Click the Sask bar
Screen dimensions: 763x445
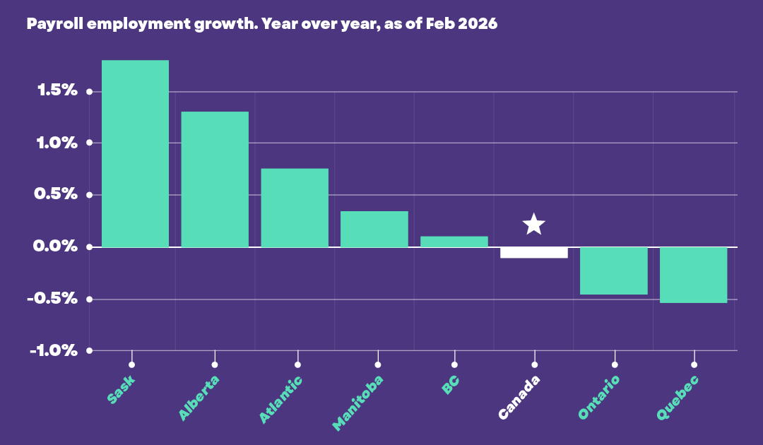[x=135, y=154]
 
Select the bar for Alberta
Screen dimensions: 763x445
[x=215, y=179]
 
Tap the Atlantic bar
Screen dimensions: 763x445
[x=295, y=208]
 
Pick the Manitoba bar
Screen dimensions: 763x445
[x=374, y=229]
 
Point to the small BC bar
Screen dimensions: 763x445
[x=454, y=242]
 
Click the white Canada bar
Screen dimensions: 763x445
[x=534, y=252]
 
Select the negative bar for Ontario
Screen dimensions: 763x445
[x=614, y=271]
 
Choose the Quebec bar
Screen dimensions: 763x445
[x=694, y=275]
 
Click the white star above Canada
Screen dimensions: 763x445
[x=534, y=224]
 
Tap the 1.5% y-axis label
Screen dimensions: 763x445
[x=57, y=90]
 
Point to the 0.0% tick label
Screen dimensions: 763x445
[x=55, y=246]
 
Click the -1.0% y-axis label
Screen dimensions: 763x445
[x=54, y=350]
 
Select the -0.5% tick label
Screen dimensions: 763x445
[x=52, y=298]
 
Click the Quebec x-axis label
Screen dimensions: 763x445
[x=678, y=398]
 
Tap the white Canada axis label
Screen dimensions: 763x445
[x=519, y=397]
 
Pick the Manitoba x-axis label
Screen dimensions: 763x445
[x=357, y=403]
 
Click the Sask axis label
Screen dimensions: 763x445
[x=121, y=390]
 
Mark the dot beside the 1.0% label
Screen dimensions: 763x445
[x=89, y=143]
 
